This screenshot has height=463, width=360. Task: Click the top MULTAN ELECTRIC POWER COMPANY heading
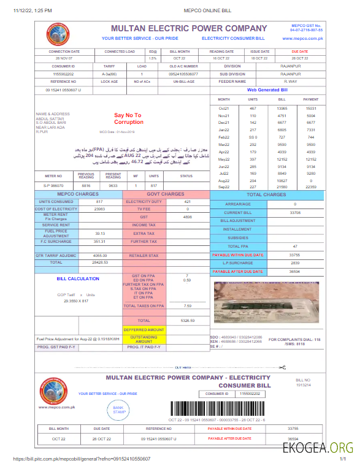click(x=189, y=28)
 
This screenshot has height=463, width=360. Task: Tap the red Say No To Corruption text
click(x=128, y=118)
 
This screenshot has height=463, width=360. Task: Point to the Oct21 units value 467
click(x=253, y=108)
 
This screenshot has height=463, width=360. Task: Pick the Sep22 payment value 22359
click(x=311, y=186)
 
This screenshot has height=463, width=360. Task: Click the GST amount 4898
click(x=188, y=217)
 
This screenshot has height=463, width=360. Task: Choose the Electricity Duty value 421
click(x=188, y=201)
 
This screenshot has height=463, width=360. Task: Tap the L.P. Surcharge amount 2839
click(x=294, y=262)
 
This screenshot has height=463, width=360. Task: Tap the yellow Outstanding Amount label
click(x=144, y=339)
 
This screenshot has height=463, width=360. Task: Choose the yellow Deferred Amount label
click(x=144, y=329)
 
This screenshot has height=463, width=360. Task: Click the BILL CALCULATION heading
click(x=78, y=278)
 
